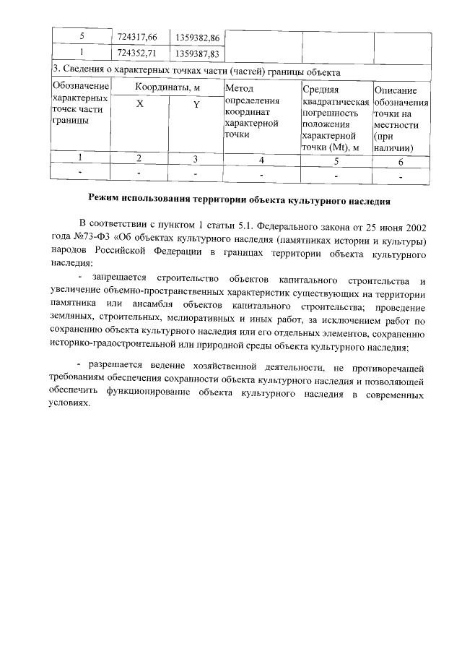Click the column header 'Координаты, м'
click(x=167, y=87)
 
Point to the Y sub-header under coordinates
click(x=195, y=106)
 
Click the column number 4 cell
click(x=261, y=160)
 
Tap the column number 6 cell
click(x=401, y=161)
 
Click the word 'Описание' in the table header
click(x=396, y=90)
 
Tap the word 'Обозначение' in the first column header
click(x=80, y=87)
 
